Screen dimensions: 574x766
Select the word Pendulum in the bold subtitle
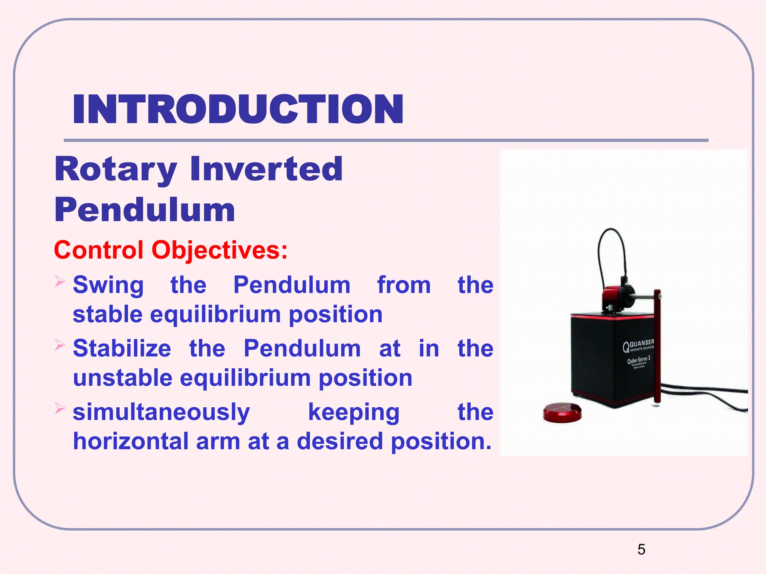tap(145, 210)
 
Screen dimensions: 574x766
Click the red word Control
tap(99, 250)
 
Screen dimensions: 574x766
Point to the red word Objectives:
tap(220, 250)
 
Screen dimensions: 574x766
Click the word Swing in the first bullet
tap(108, 286)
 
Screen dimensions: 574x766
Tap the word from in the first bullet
tap(404, 285)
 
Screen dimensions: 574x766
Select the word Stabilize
tap(122, 348)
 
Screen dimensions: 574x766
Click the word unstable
tap(123, 378)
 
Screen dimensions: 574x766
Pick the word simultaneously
tap(161, 412)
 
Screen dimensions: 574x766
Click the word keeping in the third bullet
tap(354, 412)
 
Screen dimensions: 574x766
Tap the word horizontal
tap(131, 441)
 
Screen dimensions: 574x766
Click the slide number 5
tap(641, 549)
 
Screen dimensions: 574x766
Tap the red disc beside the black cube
tap(562, 413)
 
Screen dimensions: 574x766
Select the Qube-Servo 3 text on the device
tap(638, 360)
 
